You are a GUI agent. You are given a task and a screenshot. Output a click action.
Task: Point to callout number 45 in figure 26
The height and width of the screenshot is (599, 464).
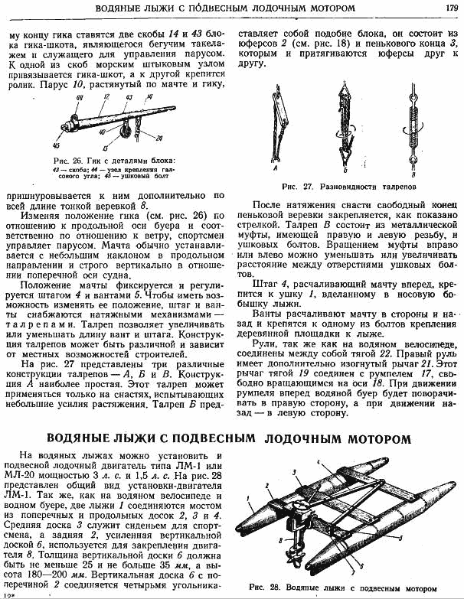tap(55, 142)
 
